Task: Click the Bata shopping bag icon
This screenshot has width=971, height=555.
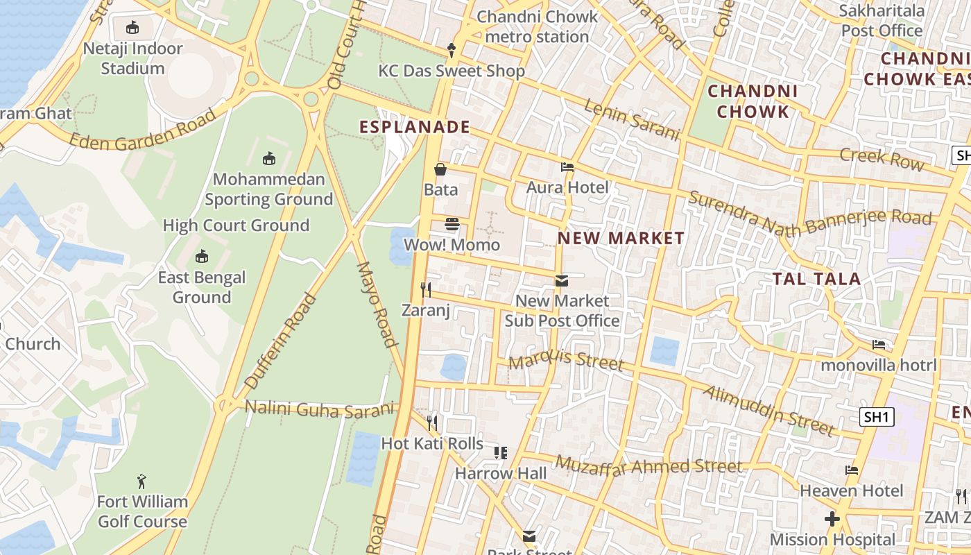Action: (440, 169)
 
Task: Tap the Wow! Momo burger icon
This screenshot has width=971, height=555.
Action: (452, 224)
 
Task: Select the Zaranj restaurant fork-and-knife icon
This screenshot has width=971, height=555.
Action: (426, 289)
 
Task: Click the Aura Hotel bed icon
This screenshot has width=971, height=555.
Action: (567, 167)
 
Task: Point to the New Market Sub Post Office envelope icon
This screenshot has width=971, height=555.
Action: (561, 281)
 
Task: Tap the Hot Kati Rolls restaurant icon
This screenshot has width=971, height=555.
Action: (432, 422)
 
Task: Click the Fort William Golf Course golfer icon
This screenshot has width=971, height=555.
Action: (142, 481)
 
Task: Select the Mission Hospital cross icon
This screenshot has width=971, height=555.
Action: (832, 519)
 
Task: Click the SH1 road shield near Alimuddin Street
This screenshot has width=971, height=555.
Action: (877, 417)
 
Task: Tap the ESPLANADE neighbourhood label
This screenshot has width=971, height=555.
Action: (415, 127)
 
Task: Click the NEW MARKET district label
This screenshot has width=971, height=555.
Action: (621, 238)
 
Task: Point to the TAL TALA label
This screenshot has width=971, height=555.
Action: (816, 279)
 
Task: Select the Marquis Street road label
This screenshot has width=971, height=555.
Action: (566, 361)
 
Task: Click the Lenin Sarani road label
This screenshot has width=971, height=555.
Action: (631, 119)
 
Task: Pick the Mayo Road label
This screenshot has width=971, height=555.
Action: (377, 303)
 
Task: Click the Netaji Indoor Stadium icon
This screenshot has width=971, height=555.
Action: (132, 28)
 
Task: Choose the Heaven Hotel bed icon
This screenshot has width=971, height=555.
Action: (852, 470)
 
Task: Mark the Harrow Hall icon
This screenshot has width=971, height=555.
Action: (500, 453)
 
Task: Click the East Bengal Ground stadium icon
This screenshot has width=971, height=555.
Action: (201, 257)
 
